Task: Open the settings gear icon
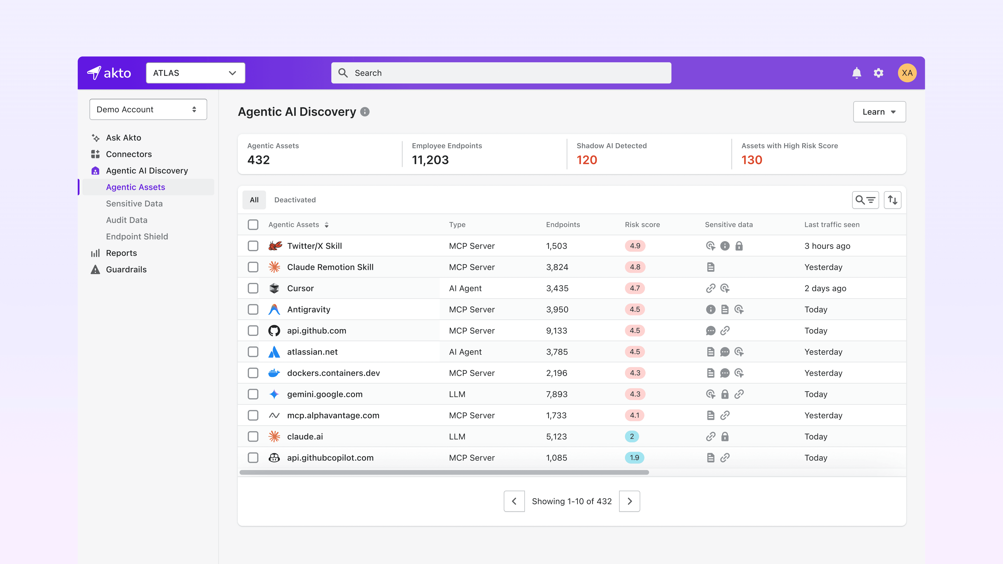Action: click(878, 73)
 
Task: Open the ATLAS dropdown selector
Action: click(195, 73)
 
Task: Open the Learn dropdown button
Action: click(879, 112)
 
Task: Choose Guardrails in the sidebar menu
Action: click(126, 269)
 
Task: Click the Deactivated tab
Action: click(295, 200)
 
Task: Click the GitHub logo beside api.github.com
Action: click(274, 330)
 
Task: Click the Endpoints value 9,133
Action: click(556, 330)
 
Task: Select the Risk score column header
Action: click(642, 225)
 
